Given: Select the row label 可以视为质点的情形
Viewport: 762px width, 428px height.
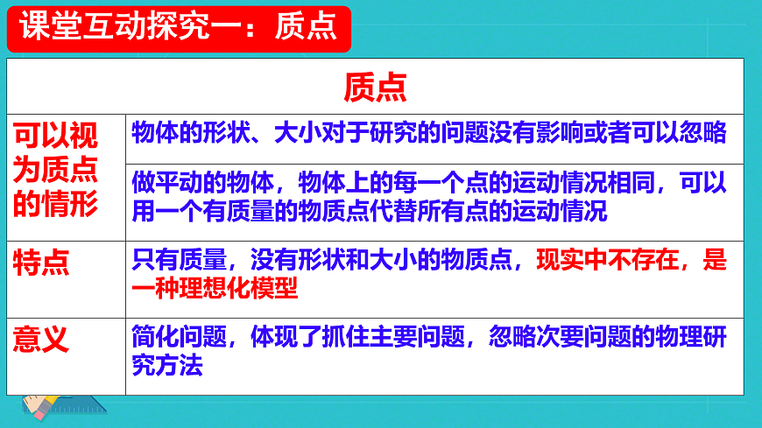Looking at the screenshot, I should pos(56,169).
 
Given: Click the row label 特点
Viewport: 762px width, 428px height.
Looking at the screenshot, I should pos(41,261).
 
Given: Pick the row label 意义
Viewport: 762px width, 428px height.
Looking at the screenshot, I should pos(41,338).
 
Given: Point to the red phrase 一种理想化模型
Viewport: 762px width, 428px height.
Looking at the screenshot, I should pos(215,288).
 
